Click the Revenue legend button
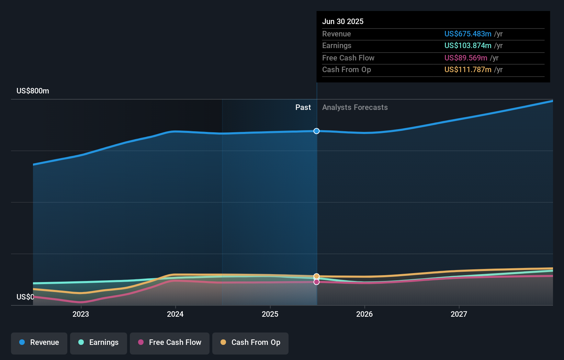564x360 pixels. pyautogui.click(x=39, y=343)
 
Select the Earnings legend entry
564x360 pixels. pyautogui.click(x=99, y=343)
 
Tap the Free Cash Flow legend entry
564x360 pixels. pyautogui.click(x=170, y=343)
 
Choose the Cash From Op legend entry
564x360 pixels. pyautogui.click(x=250, y=343)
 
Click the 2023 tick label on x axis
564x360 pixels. pyautogui.click(x=81, y=314)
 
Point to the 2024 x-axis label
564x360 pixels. pyautogui.click(x=175, y=314)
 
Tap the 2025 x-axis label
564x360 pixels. pyautogui.click(x=270, y=314)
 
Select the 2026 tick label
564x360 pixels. pyautogui.click(x=364, y=314)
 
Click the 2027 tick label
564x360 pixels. pyautogui.click(x=459, y=314)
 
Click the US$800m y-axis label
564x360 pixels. pyautogui.click(x=33, y=91)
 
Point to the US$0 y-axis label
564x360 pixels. pyautogui.click(x=25, y=297)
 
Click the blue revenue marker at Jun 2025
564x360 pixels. pyautogui.click(x=317, y=131)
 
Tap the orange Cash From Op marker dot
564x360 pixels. pyautogui.click(x=317, y=277)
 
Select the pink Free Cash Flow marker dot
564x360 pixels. pyautogui.click(x=317, y=282)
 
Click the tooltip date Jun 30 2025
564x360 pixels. pyautogui.click(x=343, y=22)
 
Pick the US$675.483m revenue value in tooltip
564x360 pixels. pyautogui.click(x=468, y=34)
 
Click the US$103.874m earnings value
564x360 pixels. pyautogui.click(x=468, y=46)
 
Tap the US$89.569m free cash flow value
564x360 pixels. pyautogui.click(x=466, y=58)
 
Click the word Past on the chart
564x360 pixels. pyautogui.click(x=303, y=108)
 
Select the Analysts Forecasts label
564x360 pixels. pyautogui.click(x=355, y=108)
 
